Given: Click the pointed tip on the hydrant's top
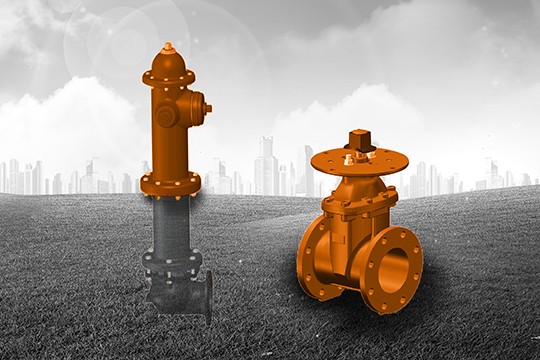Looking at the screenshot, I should [168, 46].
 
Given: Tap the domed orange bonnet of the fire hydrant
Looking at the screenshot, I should [168, 63].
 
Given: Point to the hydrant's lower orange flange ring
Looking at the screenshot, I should [170, 185].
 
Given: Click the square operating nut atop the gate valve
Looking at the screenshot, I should [359, 139].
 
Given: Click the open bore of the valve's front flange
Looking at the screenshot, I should [391, 270].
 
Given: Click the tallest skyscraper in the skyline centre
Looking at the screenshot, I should [266, 165].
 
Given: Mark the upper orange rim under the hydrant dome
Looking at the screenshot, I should [169, 78].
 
